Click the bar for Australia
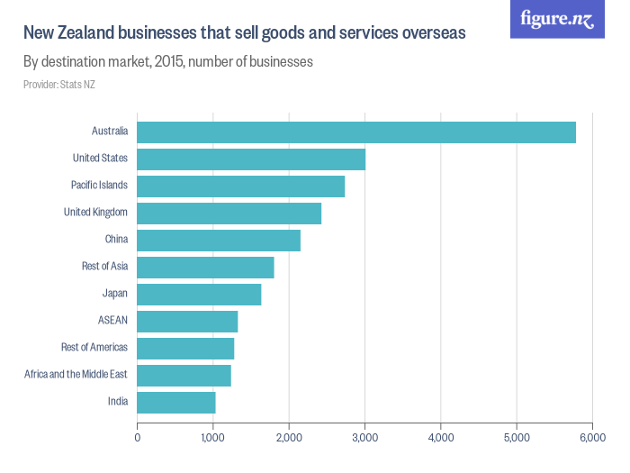pos(355,132)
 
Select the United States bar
pos(251,159)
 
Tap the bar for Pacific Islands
pos(240,186)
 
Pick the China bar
pos(219,240)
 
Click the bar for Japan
pos(199,294)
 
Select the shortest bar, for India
pos(176,402)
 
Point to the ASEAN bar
pos(187,321)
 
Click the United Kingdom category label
pos(95,213)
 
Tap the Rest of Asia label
pos(104,267)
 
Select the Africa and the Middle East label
pos(76,375)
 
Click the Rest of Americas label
pos(94,348)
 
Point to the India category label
pos(117,402)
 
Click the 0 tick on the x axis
pos(137,437)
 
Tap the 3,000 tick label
pos(364,437)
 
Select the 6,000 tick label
pos(591,437)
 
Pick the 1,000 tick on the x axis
pos(212,437)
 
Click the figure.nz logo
pos(557,19)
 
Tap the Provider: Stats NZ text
pos(59,85)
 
